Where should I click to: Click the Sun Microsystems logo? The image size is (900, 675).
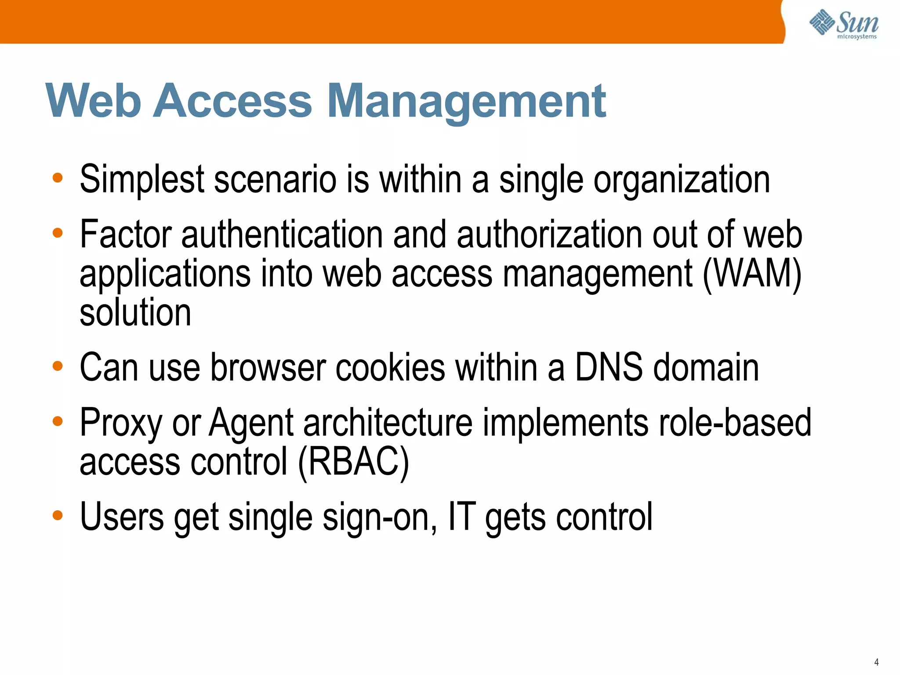[x=844, y=25]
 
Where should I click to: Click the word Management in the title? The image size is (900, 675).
[x=467, y=102]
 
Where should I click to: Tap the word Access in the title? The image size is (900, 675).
[x=232, y=102]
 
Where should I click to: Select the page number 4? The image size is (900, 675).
[x=876, y=662]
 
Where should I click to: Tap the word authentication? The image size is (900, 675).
[x=282, y=235]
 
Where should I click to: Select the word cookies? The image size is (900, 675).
[x=390, y=368]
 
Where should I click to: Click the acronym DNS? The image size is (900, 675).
[x=609, y=368]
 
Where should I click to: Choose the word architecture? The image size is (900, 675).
[x=388, y=423]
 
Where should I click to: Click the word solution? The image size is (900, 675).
[x=135, y=312]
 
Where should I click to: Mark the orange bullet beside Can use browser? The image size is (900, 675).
[x=58, y=366]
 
